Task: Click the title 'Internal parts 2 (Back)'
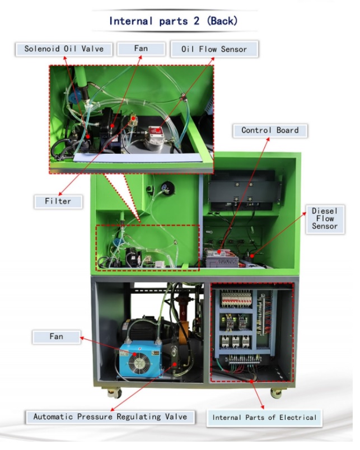[x=173, y=21]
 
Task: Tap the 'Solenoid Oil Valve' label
[x=64, y=49]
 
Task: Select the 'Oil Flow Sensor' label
[x=214, y=49]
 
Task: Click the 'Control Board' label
[x=270, y=130]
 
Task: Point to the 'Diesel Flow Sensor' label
[x=325, y=219]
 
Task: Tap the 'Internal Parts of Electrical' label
[x=264, y=417]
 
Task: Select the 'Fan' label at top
[x=141, y=49]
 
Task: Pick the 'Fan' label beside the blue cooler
[x=56, y=336]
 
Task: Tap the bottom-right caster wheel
[x=275, y=392]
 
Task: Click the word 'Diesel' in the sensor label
[x=325, y=212]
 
